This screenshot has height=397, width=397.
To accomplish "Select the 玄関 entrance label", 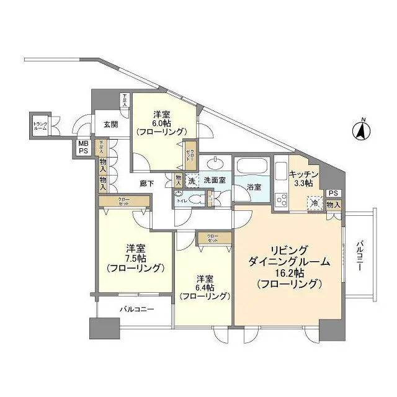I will [x=110, y=124].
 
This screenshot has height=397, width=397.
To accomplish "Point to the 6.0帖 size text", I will [x=162, y=123].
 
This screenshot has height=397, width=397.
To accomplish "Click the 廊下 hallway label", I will [x=147, y=183].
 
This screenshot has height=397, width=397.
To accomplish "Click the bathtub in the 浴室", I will [x=251, y=167].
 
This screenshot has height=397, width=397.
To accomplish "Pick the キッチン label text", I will [x=303, y=176].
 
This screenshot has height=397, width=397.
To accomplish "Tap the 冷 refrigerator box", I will [x=316, y=203].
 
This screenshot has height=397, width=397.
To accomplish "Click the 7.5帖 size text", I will [x=134, y=258].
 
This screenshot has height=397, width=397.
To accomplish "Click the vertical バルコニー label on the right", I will [x=359, y=255].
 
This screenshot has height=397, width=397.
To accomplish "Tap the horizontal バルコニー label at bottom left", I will [x=136, y=308].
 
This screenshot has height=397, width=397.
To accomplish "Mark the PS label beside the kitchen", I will [x=334, y=193].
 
